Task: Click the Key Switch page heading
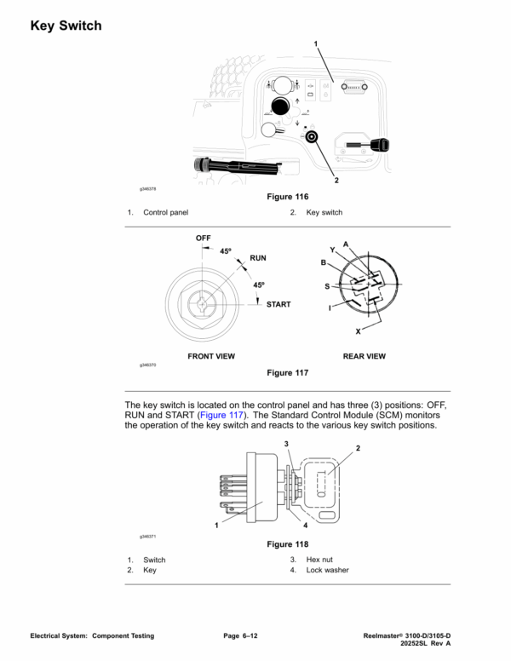[x=66, y=26]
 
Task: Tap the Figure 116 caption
[x=288, y=197]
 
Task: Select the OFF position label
[x=203, y=238]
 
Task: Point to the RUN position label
[x=258, y=258]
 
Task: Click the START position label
[x=278, y=304]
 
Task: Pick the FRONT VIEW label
[x=211, y=356]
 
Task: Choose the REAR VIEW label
[x=365, y=356]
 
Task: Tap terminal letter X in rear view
[x=358, y=331]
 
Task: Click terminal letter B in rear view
[x=324, y=262]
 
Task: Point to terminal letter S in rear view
[x=327, y=286]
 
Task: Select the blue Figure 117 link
[x=221, y=415]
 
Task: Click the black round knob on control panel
[x=280, y=106]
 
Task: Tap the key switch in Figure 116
[x=312, y=137]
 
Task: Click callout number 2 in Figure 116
[x=336, y=181]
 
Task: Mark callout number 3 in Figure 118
[x=286, y=444]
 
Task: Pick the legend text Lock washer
[x=327, y=570]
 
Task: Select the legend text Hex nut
[x=319, y=560]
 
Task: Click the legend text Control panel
[x=166, y=212]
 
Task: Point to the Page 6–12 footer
[x=240, y=635]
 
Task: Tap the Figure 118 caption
[x=288, y=544]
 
